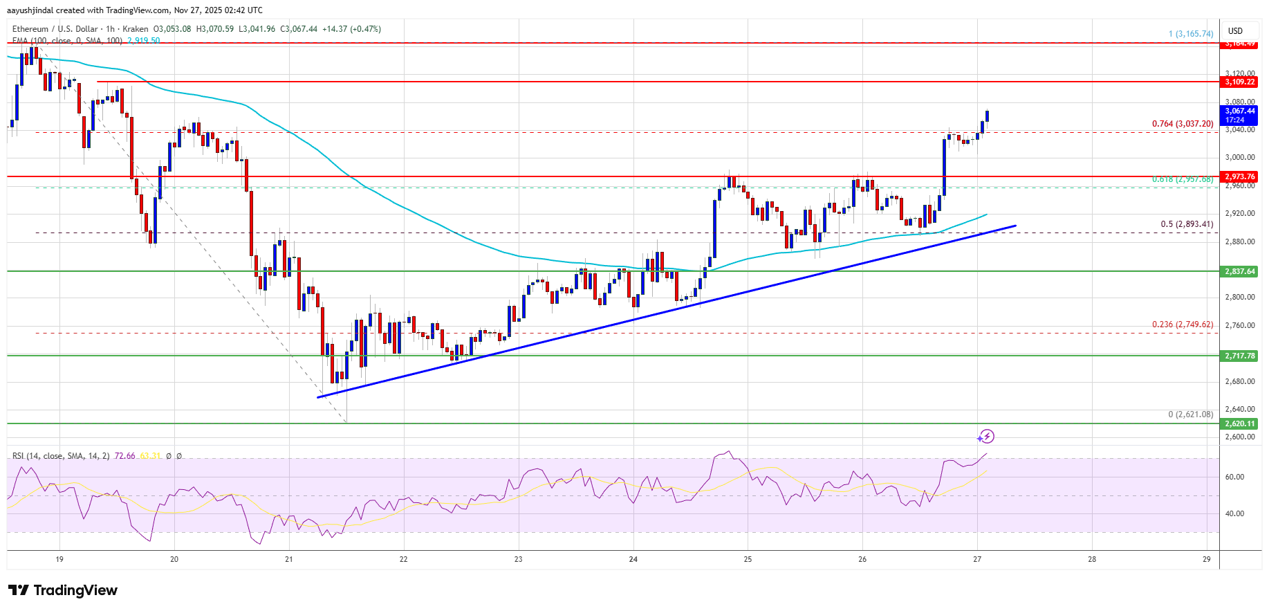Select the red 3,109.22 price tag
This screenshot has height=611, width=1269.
pos(1239,82)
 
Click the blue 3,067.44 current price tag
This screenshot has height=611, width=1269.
pos(1239,115)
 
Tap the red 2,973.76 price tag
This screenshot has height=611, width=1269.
pos(1239,177)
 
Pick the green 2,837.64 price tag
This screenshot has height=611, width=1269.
pos(1239,271)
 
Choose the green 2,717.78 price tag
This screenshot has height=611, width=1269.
pos(1239,356)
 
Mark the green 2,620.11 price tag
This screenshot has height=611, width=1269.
pos(1239,423)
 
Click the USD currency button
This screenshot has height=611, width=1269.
pos(1235,31)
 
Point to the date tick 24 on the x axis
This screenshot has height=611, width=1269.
pos(633,559)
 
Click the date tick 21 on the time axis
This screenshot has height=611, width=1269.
pos(289,559)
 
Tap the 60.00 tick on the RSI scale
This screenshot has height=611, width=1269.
pos(1234,477)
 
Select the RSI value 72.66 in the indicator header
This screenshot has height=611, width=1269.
pos(125,456)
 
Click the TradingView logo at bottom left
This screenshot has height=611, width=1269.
pos(63,590)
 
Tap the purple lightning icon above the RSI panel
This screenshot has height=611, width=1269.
pos(986,436)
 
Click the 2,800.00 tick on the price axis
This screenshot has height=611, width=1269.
pos(1239,297)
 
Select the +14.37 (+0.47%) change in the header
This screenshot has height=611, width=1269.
pos(351,29)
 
